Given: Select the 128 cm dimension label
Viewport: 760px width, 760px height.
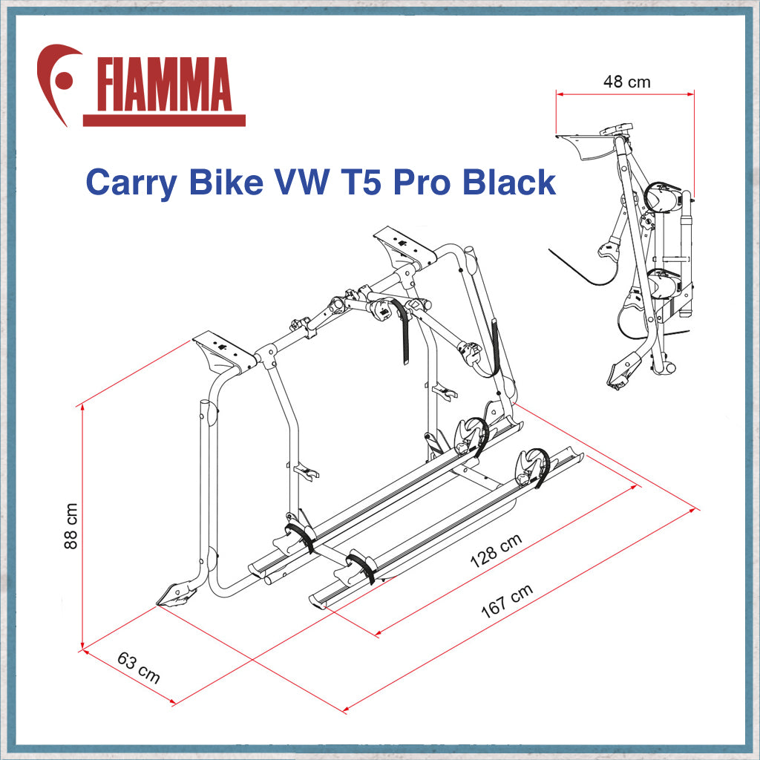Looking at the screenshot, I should pyautogui.click(x=496, y=551).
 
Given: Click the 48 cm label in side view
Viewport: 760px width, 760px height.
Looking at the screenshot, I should pyautogui.click(x=626, y=82).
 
